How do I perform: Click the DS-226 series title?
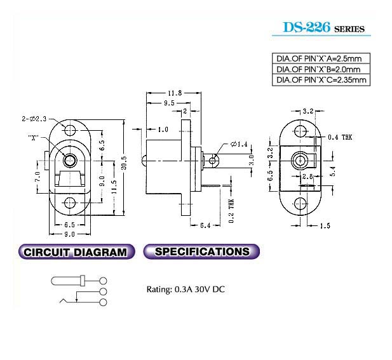point(324,27)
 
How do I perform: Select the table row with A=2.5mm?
point(321,58)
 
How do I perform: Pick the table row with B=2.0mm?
point(321,69)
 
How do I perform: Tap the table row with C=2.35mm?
point(321,80)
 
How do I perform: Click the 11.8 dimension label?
point(175,93)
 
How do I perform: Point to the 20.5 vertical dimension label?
point(125,163)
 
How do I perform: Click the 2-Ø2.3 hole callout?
point(34,119)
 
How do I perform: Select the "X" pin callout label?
point(33,137)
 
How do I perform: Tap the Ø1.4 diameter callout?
point(239,144)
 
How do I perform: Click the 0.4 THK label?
point(340,137)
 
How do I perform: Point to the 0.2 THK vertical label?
point(231,211)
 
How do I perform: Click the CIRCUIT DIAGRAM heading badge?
point(76,251)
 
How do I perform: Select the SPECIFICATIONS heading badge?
point(201,251)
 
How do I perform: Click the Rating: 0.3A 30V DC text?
point(186,290)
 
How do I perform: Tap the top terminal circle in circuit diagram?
point(103,281)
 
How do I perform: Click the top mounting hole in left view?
point(70,130)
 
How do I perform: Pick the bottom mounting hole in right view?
point(300,203)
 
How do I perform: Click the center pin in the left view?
point(70,161)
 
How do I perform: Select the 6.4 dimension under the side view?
point(205,225)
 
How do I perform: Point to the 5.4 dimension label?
point(333,171)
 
